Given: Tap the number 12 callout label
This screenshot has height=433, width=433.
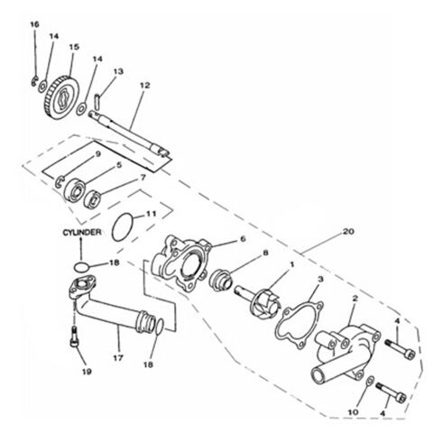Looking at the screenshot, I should [143, 86].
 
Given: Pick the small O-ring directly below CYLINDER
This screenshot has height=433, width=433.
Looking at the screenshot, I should [81, 266].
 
